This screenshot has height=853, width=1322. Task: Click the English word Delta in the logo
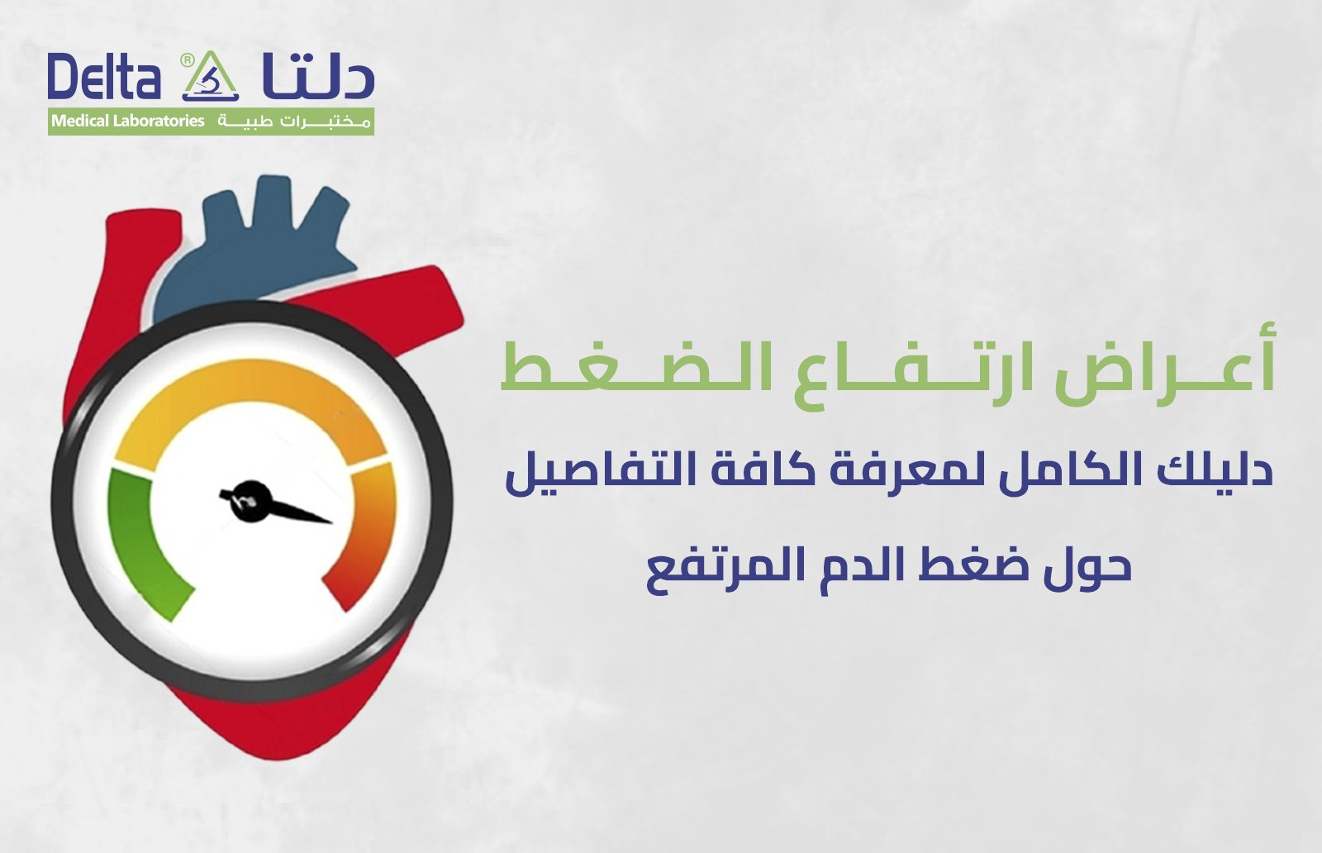[x=103, y=78]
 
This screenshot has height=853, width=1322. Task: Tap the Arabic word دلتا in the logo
[x=318, y=76]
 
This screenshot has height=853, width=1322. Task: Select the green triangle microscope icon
[x=210, y=79]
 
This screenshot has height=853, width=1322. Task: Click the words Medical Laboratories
[x=128, y=122]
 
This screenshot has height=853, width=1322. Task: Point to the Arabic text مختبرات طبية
[x=294, y=122]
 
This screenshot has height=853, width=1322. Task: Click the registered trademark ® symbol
[x=188, y=60]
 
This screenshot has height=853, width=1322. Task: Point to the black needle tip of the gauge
[x=328, y=522]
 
